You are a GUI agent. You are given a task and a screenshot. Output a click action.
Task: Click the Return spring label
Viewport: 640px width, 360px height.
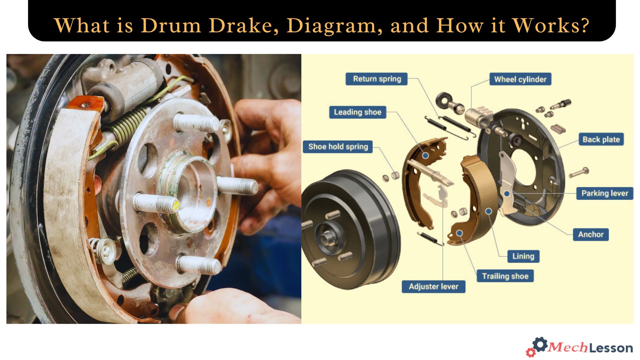tap(376, 79)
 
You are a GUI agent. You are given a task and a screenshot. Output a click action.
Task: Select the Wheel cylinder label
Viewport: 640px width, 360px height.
tap(520, 79)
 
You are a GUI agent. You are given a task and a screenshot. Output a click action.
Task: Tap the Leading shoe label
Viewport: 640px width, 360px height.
tap(357, 112)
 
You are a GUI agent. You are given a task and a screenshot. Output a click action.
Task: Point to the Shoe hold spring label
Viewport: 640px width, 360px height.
tap(338, 147)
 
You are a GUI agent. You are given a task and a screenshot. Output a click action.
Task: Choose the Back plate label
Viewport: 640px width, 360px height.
tap(601, 140)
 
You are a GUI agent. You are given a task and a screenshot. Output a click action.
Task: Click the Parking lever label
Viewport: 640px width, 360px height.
tap(604, 193)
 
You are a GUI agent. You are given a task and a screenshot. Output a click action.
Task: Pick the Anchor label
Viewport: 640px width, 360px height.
tap(591, 234)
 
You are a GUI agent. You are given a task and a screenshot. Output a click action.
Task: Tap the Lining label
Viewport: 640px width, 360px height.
tap(523, 256)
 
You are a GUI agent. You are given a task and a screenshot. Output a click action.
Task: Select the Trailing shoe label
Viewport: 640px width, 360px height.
tap(505, 276)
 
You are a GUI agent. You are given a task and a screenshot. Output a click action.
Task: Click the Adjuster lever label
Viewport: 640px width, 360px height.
tap(433, 287)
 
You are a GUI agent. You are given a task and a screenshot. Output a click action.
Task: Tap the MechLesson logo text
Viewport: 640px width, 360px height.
tap(590, 348)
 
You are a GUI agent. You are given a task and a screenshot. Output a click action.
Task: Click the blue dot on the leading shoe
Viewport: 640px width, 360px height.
tap(425, 155)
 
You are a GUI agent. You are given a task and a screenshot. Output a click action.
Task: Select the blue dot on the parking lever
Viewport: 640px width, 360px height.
tap(507, 194)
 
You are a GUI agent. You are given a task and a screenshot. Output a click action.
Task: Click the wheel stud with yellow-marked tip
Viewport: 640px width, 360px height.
tap(157, 203)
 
